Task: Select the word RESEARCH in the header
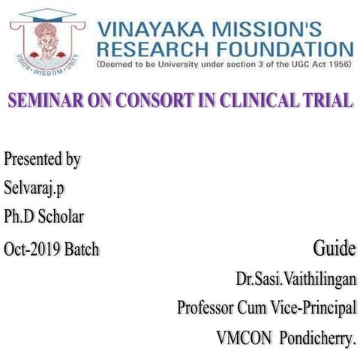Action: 149,51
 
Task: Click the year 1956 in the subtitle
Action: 339,66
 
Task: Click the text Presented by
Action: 42,160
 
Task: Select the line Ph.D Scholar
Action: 43,217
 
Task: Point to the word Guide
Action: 334,248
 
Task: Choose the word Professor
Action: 205,307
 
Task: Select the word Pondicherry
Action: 317,338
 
